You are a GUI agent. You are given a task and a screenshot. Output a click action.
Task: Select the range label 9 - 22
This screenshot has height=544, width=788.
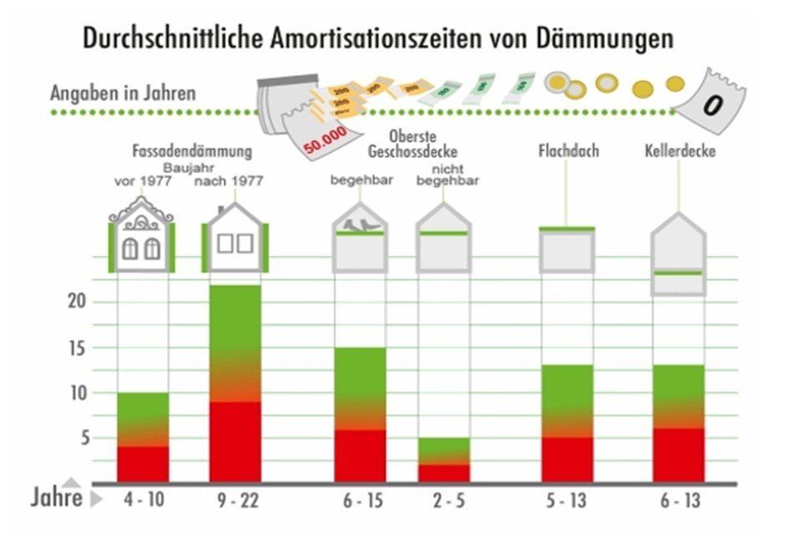pos(235,501)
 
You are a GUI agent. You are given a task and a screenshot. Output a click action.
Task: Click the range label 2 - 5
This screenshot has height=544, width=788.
pos(443,501)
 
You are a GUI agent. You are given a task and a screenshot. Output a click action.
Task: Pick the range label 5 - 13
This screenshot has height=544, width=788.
pos(567,501)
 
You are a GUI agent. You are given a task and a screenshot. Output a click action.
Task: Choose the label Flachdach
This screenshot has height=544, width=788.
pos(568,151)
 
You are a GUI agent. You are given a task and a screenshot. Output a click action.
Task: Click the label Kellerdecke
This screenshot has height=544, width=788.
pos(679,152)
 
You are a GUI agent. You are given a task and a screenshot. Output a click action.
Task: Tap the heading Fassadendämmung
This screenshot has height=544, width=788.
pos(192,152)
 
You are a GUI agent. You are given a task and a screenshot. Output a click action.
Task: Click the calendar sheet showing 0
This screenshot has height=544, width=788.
pos(711,104)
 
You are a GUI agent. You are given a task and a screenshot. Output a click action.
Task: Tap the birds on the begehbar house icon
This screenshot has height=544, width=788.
pos(361,224)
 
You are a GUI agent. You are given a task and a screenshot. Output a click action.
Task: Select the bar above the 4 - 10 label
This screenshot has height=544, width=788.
pos(143,437)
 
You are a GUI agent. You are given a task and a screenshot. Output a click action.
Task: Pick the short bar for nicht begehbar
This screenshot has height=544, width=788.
pos(443,460)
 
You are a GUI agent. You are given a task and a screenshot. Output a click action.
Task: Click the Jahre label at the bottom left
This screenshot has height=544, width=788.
pos(57,499)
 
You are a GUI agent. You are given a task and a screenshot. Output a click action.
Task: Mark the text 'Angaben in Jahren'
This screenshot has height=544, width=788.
pos(123,92)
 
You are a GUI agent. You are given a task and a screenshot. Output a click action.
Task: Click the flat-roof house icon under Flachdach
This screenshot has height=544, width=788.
pos(567,248)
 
